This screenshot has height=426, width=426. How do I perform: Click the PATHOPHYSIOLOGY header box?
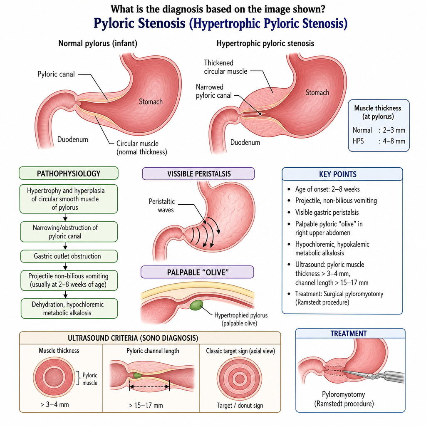point(69,173)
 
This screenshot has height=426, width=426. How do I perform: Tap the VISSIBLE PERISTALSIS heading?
point(199,174)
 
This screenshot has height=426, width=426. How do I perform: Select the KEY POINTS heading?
point(338,174)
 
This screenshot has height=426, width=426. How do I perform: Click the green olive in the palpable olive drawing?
point(196,305)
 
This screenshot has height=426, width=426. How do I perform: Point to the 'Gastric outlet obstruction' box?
point(69,256)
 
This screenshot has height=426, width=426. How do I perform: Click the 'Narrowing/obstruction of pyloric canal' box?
point(69,232)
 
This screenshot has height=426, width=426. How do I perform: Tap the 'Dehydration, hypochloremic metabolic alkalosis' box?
point(69,308)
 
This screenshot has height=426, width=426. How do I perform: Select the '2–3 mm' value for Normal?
point(394,130)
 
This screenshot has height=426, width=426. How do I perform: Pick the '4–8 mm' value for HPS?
point(394,141)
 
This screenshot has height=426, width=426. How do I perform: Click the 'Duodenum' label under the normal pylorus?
point(72,139)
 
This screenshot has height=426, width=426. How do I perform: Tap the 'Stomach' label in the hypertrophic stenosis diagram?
point(317,93)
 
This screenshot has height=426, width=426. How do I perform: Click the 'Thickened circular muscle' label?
point(225,67)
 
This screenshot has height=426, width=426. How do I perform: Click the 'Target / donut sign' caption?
point(240,405)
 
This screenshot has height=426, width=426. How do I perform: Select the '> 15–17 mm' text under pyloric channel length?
point(146,405)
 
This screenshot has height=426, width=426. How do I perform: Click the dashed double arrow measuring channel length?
point(149,386)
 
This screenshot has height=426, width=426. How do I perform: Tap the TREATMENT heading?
point(349,333)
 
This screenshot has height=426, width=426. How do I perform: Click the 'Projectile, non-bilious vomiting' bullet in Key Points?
point(336,201)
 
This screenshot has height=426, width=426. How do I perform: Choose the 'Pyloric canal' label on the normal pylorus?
point(56,74)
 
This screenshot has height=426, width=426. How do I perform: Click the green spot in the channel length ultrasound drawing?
point(137,375)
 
